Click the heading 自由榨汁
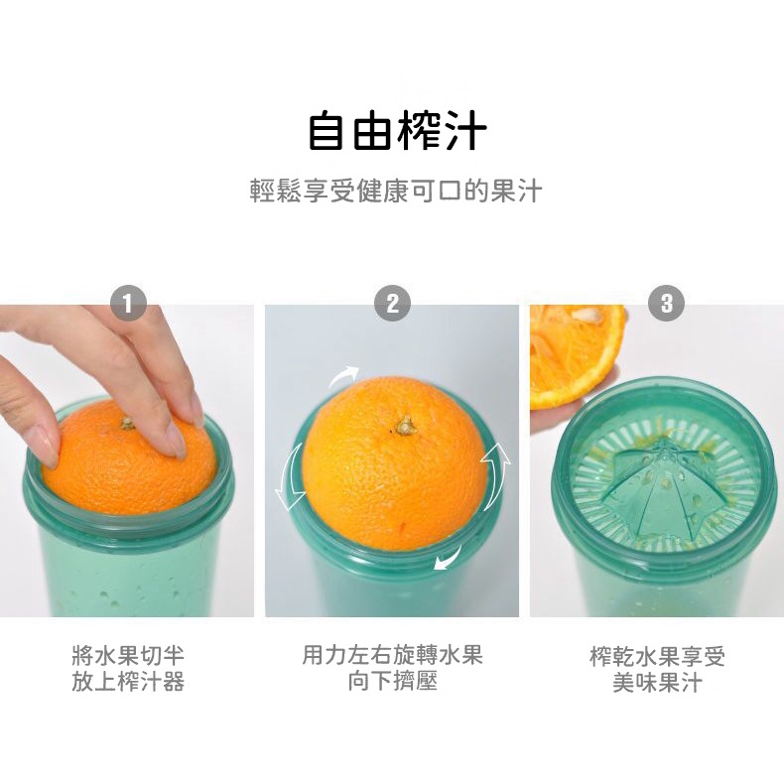398,132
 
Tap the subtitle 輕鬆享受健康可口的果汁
396,191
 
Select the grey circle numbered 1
128,304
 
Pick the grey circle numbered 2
393,304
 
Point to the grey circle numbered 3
667,304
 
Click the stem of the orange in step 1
127,424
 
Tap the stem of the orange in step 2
404,426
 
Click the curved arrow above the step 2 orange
342,376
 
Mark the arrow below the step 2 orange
449,559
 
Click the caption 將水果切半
128,656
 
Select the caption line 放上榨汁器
128,682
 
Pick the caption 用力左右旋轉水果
393,655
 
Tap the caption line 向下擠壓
393,681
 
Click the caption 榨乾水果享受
657,656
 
